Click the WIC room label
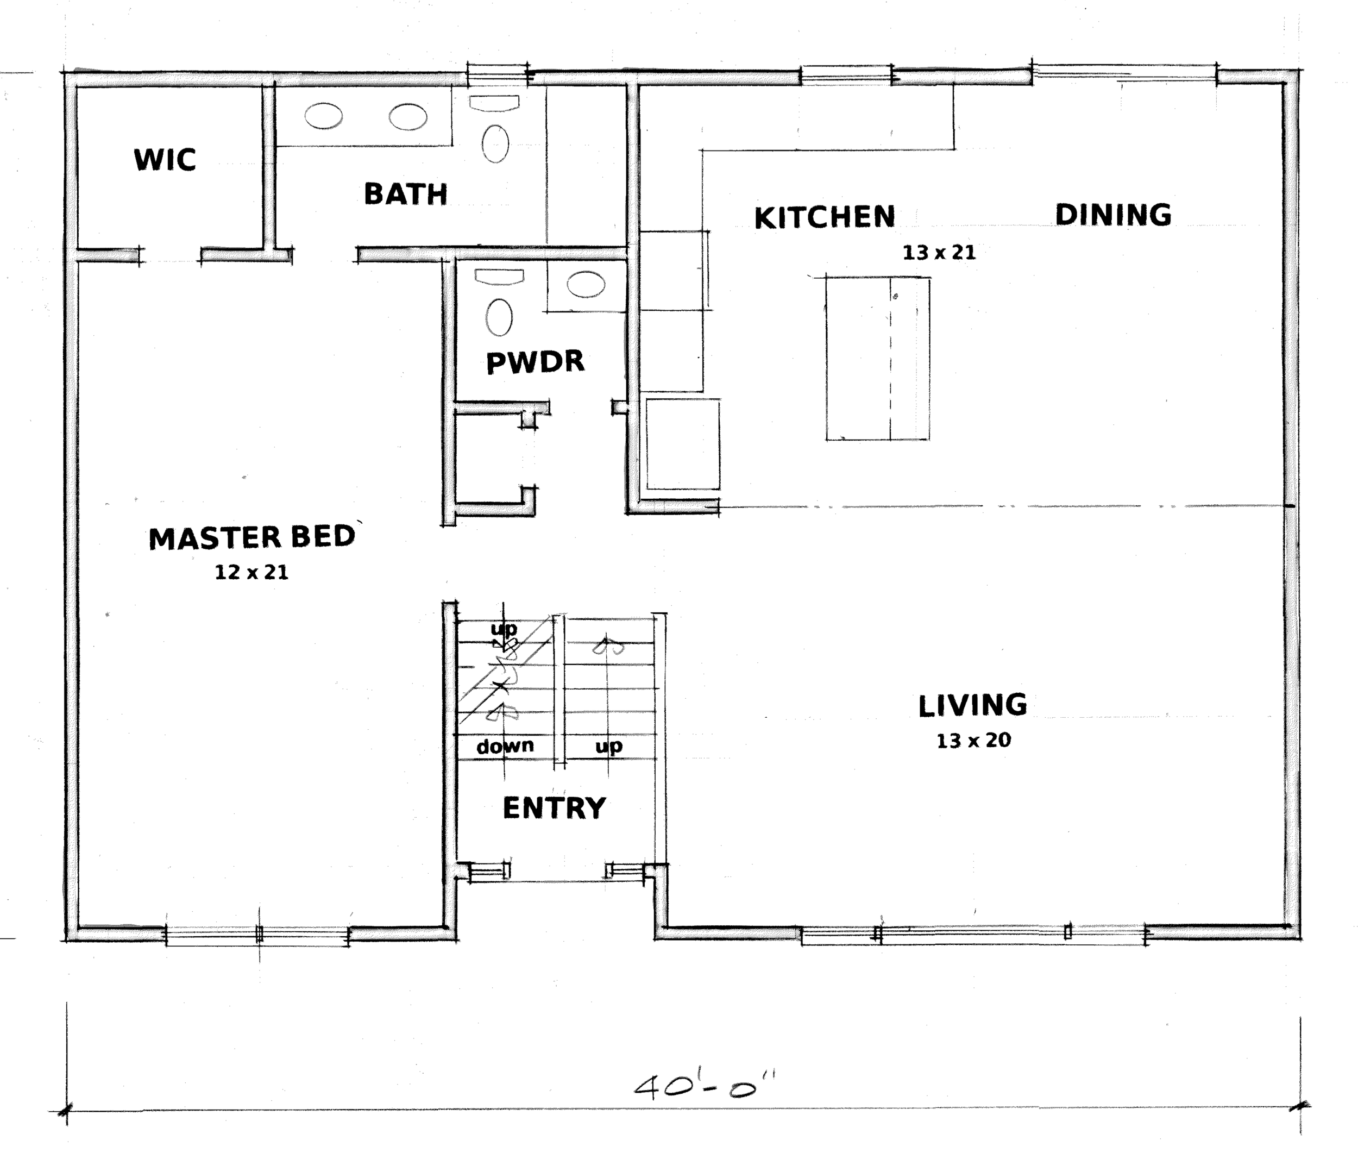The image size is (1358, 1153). coord(165,160)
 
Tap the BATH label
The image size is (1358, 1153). coord(405,194)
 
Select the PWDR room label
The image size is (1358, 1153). coord(535,362)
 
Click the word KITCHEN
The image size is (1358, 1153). coord(825,218)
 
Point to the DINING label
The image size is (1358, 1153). coord(1114,215)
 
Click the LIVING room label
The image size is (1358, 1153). coord(973,706)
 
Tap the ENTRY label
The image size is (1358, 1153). coord(554,809)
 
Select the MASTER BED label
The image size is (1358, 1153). coord(252,538)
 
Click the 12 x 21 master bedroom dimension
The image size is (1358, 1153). coord(252,573)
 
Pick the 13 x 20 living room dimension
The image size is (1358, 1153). coord(974,741)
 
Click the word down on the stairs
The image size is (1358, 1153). coord(505,747)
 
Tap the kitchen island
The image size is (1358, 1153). coord(878,359)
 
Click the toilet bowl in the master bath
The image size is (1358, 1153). coord(495,144)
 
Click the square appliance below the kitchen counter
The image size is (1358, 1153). coord(683,444)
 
